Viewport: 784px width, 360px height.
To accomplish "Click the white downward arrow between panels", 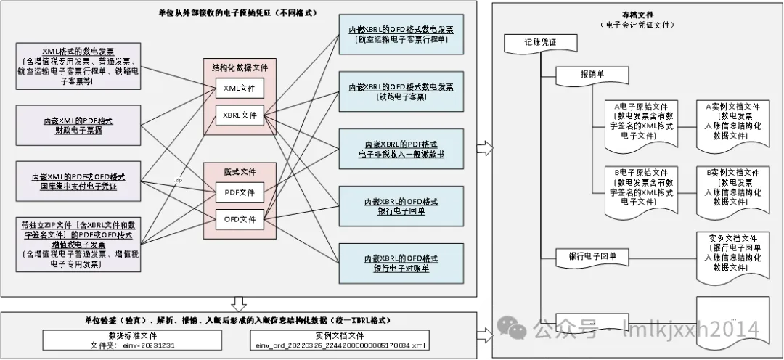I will [x=238, y=302].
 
